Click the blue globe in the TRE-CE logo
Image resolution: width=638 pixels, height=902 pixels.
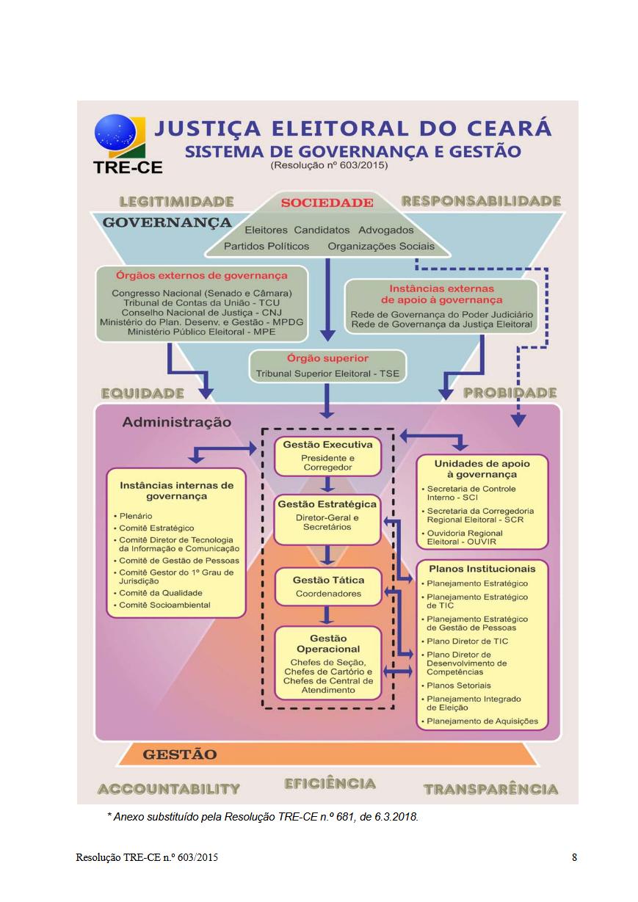tap(115, 135)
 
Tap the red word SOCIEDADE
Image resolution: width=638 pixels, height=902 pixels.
tap(327, 203)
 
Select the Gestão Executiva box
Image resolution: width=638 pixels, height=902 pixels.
tap(327, 456)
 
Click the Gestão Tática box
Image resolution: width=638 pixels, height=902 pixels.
tap(327, 586)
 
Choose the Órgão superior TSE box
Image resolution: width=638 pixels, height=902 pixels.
tap(327, 366)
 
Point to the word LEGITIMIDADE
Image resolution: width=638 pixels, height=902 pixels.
tap(176, 201)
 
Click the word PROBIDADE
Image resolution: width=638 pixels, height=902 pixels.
tap(510, 393)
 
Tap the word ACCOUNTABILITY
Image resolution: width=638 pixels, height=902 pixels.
tap(169, 789)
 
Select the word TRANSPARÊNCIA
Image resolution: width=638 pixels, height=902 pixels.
tap(490, 790)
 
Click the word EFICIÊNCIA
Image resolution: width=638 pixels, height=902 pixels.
tap(330, 784)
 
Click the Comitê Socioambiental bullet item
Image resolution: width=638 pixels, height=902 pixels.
tap(164, 605)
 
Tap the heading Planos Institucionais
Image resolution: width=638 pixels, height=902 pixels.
tap(482, 569)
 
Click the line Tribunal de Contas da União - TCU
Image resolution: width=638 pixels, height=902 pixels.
tap(201, 302)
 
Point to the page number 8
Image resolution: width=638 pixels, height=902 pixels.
tap(574, 857)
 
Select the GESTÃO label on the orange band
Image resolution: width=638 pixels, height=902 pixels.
tap(180, 754)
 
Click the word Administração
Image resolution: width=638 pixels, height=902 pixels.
tap(176, 422)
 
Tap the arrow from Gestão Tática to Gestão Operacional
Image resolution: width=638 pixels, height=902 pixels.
tap(327, 614)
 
